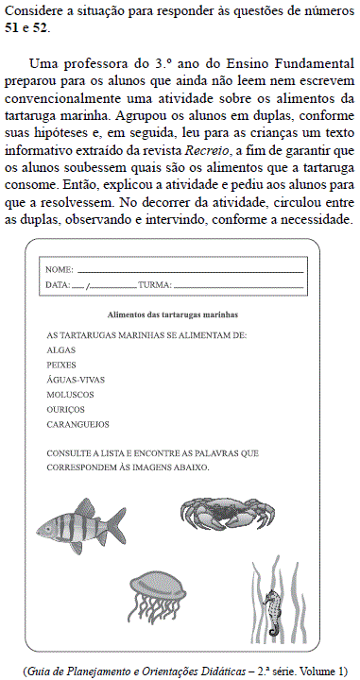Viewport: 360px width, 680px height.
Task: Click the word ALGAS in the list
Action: [x=60, y=349]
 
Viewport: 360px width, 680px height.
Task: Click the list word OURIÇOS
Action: [x=65, y=410]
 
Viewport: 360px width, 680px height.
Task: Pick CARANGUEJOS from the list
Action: [x=77, y=425]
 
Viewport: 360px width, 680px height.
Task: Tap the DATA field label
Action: [x=58, y=284]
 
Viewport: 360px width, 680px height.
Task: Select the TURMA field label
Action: [x=154, y=284]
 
